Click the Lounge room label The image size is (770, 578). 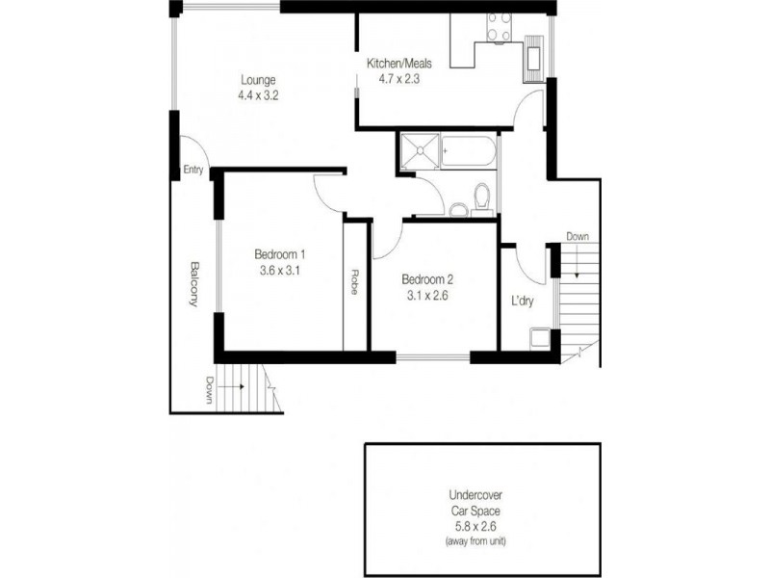[259, 79]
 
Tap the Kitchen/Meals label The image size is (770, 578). [398, 64]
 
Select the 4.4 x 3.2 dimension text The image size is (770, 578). [259, 95]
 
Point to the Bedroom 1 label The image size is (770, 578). [280, 254]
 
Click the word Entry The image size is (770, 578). [193, 171]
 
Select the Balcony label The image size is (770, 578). [194, 284]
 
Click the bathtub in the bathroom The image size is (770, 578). [468, 151]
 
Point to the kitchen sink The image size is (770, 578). [534, 56]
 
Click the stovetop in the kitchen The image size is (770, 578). [498, 28]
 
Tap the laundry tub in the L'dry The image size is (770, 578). [540, 339]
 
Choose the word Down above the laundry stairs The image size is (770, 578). [577, 236]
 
